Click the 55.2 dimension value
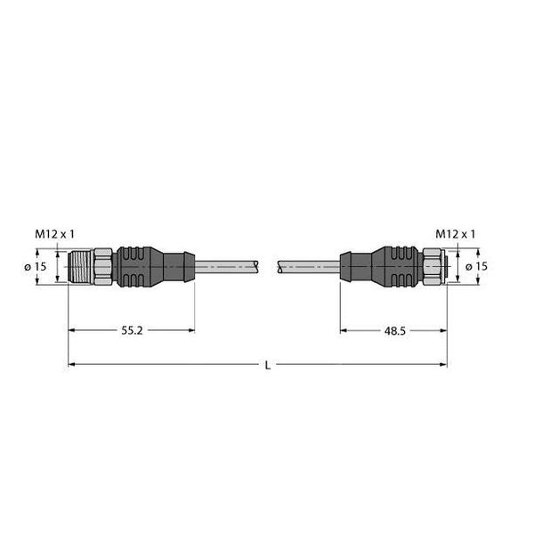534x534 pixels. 131,330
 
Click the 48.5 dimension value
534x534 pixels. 398,330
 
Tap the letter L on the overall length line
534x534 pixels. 268,364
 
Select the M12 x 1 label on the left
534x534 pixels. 55,233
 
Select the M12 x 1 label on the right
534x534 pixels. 455,233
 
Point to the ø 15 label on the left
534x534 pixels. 35,267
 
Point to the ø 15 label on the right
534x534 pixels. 478,267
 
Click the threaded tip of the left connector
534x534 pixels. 79,267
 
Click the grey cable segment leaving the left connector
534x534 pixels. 227,267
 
